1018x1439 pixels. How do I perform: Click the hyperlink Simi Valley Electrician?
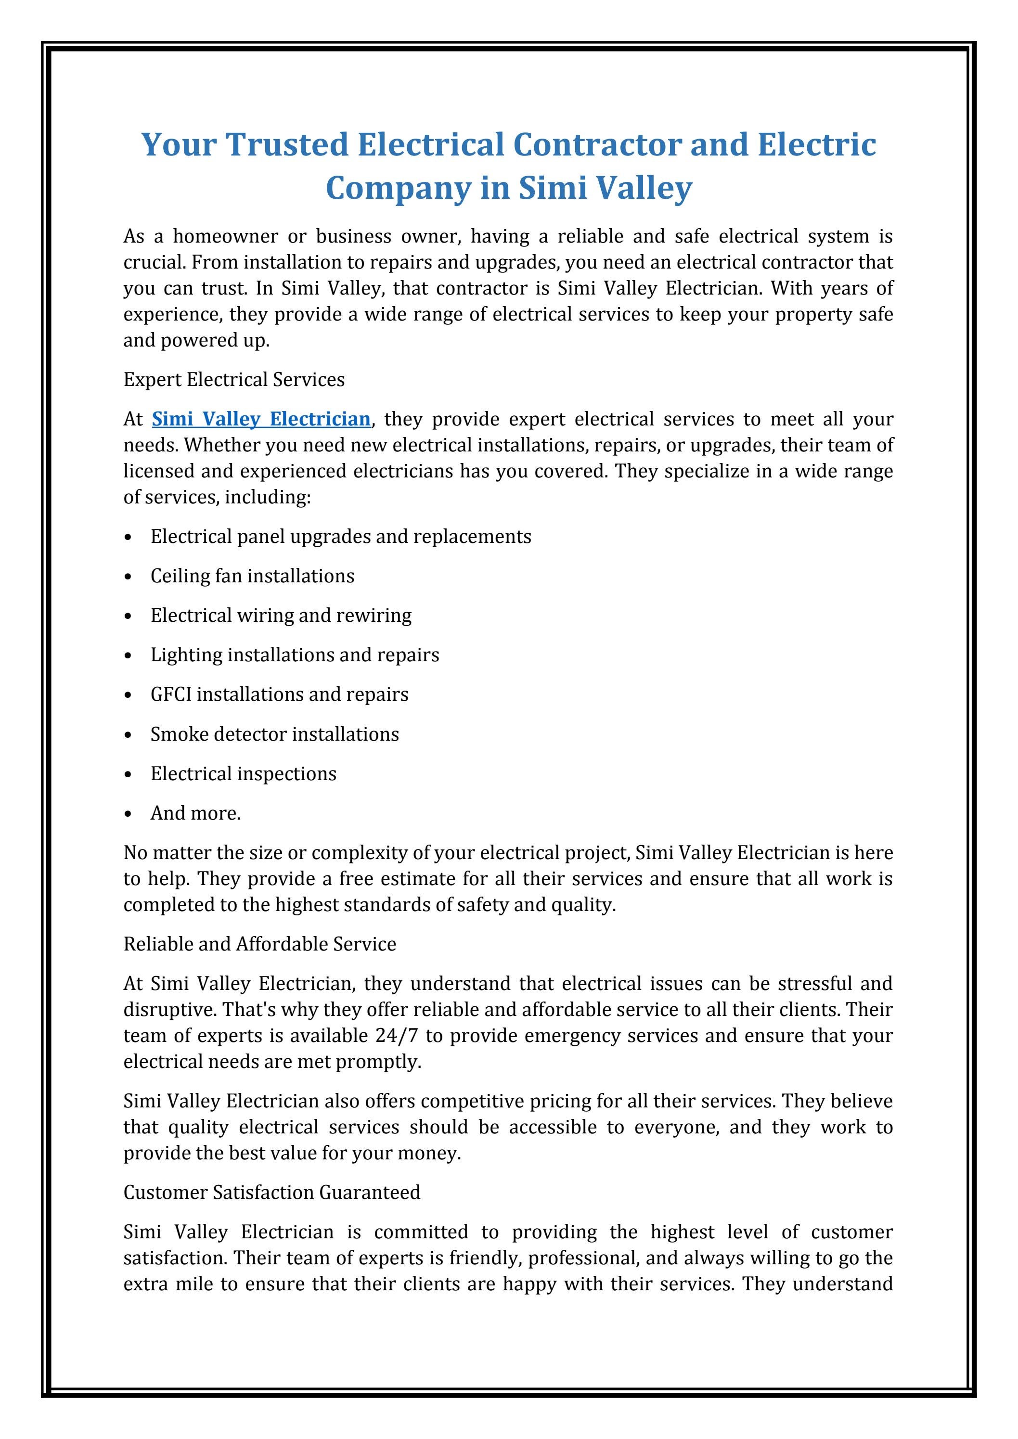[x=261, y=419]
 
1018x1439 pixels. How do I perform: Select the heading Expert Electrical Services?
[x=234, y=380]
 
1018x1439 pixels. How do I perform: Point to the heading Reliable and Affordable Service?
[x=259, y=944]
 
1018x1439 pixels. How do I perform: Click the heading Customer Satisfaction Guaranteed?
[x=271, y=1192]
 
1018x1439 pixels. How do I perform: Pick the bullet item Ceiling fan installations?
[x=252, y=576]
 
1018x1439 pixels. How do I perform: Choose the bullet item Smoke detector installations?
[x=274, y=734]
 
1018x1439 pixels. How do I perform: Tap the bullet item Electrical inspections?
[x=243, y=773]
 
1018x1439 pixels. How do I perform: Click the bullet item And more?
[x=195, y=813]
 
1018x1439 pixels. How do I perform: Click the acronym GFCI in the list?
[x=170, y=694]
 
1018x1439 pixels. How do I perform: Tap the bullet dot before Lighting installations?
[x=129, y=656]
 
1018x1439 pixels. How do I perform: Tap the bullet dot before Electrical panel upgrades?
[x=129, y=538]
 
